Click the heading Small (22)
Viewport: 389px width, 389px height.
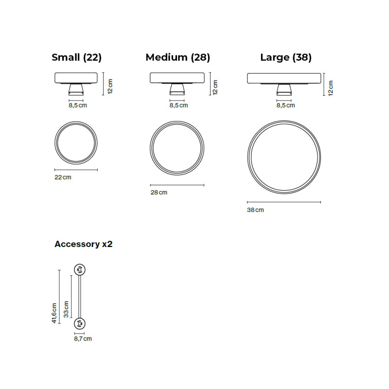pyautogui.click(x=76, y=57)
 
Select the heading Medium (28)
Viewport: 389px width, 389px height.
pyautogui.click(x=177, y=57)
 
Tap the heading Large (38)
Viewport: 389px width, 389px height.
pyautogui.click(x=286, y=57)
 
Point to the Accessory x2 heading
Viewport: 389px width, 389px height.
pyautogui.click(x=83, y=244)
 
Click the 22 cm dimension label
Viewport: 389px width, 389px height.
pyautogui.click(x=63, y=177)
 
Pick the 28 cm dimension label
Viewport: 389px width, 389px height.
pyautogui.click(x=159, y=193)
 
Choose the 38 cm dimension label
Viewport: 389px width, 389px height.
pyautogui.click(x=255, y=210)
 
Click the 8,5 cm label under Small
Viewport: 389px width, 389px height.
pyautogui.click(x=78, y=105)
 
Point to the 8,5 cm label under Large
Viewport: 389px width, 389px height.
pyautogui.click(x=285, y=105)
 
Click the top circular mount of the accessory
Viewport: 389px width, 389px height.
pyautogui.click(x=79, y=269)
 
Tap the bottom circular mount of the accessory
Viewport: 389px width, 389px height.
pyautogui.click(x=79, y=323)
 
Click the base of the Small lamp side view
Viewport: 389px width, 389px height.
pyautogui.click(x=76, y=89)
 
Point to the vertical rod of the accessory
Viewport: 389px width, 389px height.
pyautogui.click(x=79, y=296)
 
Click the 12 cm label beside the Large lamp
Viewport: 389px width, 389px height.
pyautogui.click(x=331, y=88)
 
